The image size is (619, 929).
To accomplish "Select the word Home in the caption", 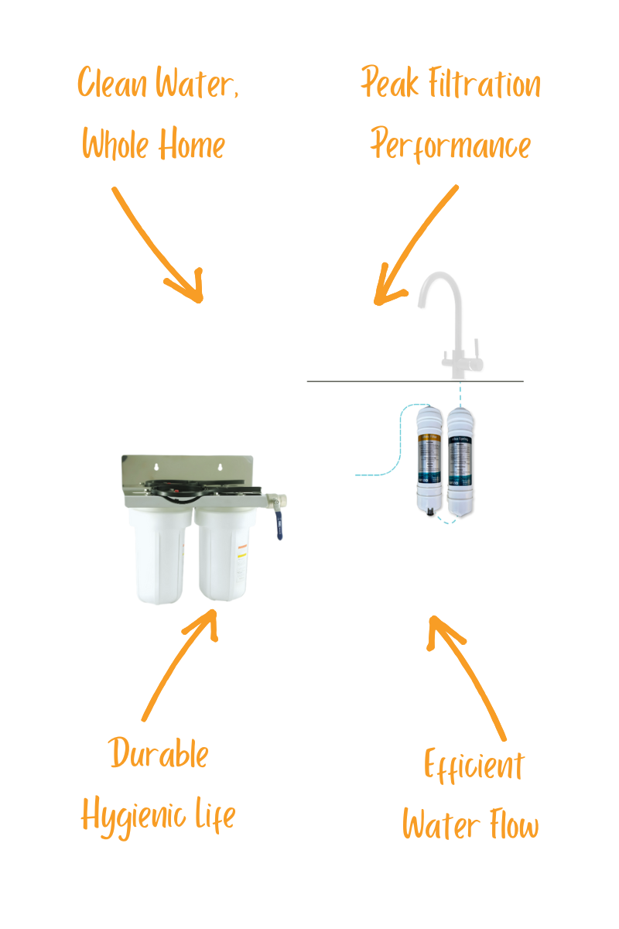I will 193,145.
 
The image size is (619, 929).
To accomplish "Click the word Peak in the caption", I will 390,84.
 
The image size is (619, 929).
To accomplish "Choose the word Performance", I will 451,145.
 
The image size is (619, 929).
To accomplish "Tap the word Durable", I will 159,753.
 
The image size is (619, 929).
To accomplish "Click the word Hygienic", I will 132,815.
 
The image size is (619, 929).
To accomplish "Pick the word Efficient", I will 474,766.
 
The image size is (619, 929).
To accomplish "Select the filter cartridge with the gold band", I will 428,460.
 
